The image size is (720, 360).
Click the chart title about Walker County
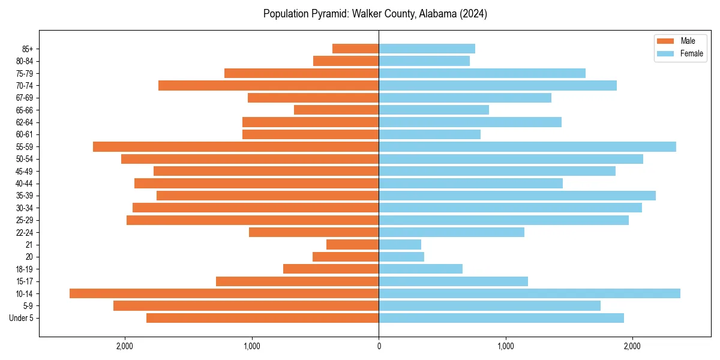pos(375,14)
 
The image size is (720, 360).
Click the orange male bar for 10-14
pos(224,293)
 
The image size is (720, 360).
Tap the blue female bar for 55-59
pos(527,146)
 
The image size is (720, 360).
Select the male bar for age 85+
pos(355,49)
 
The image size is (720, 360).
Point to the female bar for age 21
pos(400,244)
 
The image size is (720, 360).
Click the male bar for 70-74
pos(268,85)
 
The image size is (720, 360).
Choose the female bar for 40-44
pos(470,183)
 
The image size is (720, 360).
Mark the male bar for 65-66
pos(336,110)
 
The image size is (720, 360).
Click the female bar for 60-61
pos(430,134)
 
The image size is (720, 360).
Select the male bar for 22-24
pos(314,232)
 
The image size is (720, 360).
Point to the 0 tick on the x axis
pos(379,346)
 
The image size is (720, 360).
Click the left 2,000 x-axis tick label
pos(125,346)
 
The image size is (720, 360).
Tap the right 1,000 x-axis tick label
pos(505,346)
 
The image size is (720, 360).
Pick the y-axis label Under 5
pos(21,318)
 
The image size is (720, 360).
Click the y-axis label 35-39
pos(24,196)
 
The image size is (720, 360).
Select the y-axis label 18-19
pos(24,269)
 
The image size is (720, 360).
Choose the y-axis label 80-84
pos(24,61)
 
